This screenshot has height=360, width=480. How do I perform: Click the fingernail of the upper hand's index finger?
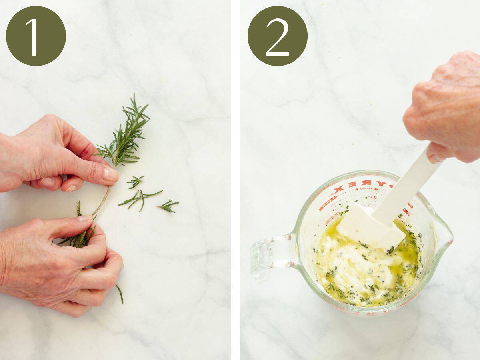click(111, 174)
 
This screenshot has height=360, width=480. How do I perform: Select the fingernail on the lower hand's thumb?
click(85, 218)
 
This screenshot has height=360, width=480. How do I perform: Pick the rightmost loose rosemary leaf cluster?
click(168, 206)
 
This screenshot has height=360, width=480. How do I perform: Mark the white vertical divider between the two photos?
click(235, 180)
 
